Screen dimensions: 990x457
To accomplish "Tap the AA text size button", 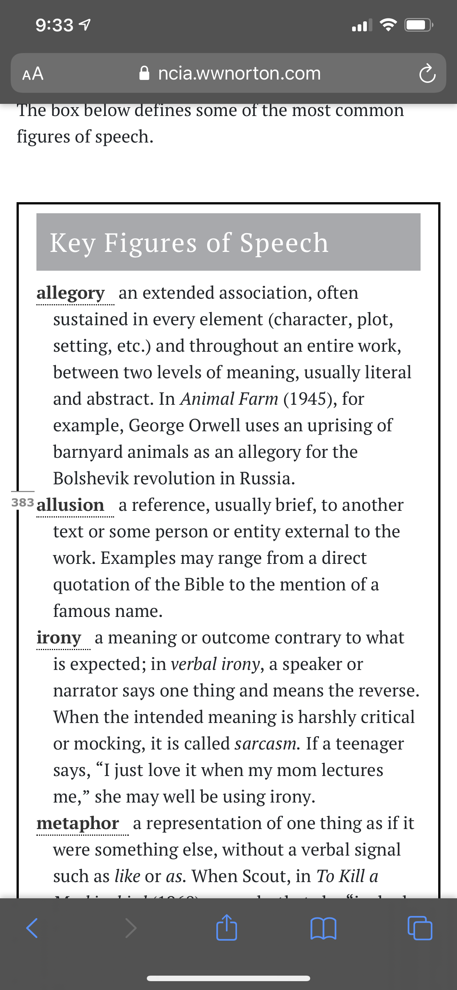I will point(33,73).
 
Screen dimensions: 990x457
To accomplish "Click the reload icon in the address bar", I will point(427,74).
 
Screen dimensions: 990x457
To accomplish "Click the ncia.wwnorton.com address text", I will point(239,73).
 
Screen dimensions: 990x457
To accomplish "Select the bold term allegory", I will point(71,293).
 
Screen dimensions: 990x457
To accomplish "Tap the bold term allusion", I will point(70,505).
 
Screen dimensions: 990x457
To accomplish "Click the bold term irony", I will point(59,638).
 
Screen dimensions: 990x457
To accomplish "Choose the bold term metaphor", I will point(78,823).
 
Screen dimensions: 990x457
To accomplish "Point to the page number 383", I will point(23,502).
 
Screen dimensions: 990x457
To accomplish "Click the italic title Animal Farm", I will point(229,399).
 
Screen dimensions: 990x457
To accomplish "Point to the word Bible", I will point(204,584).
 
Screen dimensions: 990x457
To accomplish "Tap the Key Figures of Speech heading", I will point(189,242).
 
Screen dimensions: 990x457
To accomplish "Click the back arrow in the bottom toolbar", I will point(32,928).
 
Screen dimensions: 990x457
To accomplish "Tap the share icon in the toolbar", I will point(227,928).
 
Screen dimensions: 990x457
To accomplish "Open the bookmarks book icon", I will point(323,928).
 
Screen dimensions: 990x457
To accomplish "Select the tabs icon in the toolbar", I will point(420,928).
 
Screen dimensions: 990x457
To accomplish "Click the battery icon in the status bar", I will point(418,25).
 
